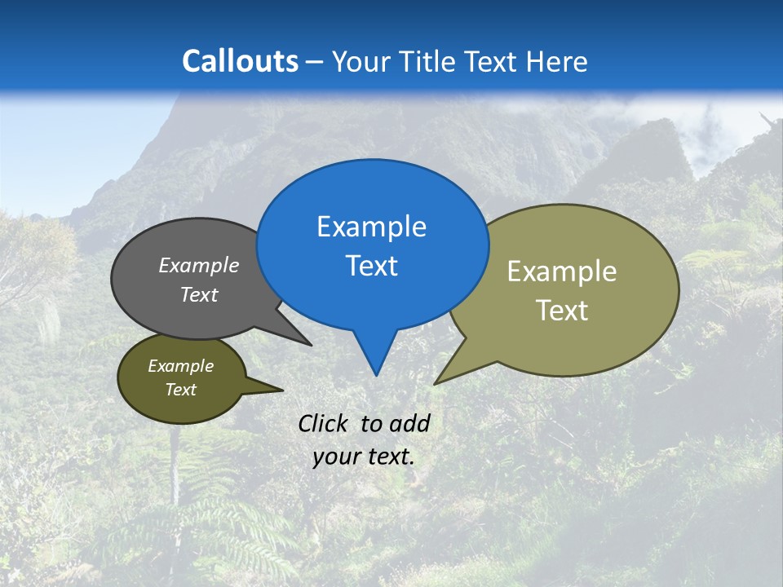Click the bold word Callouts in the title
click(x=240, y=61)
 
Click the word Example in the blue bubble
click(x=371, y=227)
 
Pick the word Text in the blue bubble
click(x=371, y=266)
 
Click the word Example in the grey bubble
click(x=199, y=265)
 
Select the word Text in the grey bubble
click(x=199, y=294)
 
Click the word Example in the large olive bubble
click(x=562, y=271)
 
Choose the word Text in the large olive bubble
click(x=562, y=311)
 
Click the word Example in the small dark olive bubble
click(x=180, y=366)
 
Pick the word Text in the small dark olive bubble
click(x=180, y=390)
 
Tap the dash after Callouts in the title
click(x=315, y=63)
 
